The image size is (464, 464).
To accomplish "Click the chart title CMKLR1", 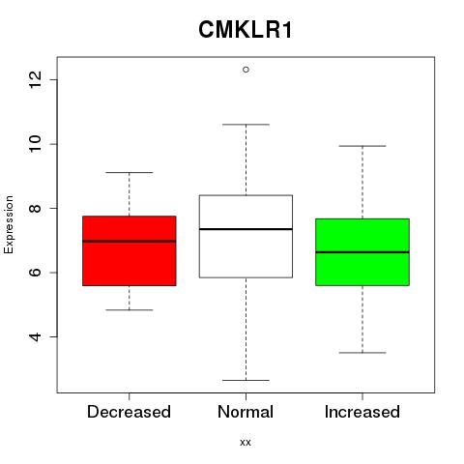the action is pos(246,30).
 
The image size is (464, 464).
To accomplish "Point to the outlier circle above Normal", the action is pos(246,70).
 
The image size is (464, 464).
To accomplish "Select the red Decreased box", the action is pos(130,250).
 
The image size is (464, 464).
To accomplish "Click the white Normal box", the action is pos(246,236).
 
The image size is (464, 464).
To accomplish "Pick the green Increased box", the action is pos(362,252).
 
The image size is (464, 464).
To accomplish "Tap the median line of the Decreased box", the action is pos(130,241).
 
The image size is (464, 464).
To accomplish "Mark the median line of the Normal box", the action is pos(246,229).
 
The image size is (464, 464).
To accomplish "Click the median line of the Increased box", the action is pos(362,252).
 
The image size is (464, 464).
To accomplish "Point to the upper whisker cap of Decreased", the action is pos(130,172).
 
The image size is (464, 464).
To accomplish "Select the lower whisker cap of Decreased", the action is pos(130,310).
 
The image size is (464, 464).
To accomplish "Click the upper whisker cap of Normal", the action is pos(246,125).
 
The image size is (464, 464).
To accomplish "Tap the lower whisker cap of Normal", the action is pos(246,380).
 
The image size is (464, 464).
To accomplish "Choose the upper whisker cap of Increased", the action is pos(362,146).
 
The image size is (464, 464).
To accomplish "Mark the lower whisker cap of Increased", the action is pos(362,353).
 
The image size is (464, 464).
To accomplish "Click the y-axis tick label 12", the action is pos(36,79).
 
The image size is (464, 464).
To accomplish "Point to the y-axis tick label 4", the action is pos(36,337).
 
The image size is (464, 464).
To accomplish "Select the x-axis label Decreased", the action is pos(129,412).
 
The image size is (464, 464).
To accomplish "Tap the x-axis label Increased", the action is pos(362,412).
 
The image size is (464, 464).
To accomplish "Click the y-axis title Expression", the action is pos(9,224).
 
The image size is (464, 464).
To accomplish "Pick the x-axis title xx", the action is pos(246,443).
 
